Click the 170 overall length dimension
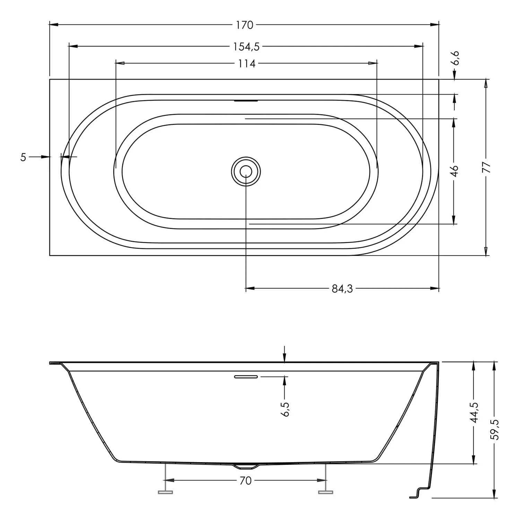(245, 25)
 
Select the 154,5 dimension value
(246, 46)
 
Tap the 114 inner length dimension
(246, 64)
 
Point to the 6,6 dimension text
(456, 58)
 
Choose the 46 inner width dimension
(454, 171)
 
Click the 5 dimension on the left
(23, 157)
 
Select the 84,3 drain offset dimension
(342, 288)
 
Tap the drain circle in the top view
(246, 171)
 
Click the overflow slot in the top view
(246, 101)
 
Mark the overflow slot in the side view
(246, 376)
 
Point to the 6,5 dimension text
(286, 409)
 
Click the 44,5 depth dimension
(474, 412)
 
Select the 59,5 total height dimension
(495, 430)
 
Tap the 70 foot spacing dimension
(245, 481)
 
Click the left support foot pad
(165, 492)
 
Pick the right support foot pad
(325, 492)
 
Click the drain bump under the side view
(246, 467)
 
